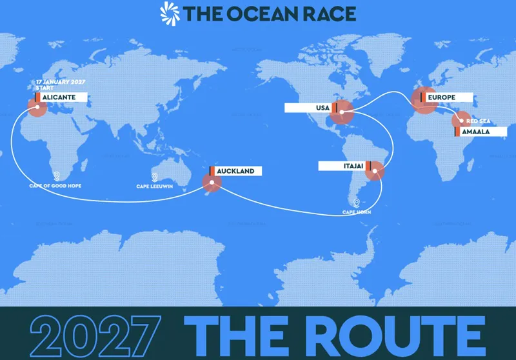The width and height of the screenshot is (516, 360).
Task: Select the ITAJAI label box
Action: (x=342, y=166)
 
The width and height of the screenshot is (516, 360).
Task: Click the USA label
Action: (x=310, y=108)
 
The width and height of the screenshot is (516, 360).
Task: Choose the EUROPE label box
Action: (x=445, y=97)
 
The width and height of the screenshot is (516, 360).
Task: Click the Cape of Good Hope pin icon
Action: (x=57, y=176)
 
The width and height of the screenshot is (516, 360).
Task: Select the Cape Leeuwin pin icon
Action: (x=155, y=176)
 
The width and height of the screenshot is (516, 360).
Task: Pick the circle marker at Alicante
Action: (x=37, y=106)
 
